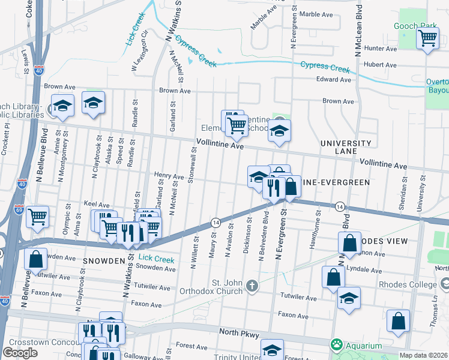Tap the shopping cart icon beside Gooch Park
click(x=427, y=38)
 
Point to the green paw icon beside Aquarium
click(x=336, y=345)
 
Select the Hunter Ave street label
click(x=381, y=48)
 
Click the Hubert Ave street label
click(x=381, y=65)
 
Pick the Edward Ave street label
click(x=333, y=79)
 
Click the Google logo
click(x=20, y=352)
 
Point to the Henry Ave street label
click(x=169, y=176)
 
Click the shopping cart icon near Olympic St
click(x=38, y=215)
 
